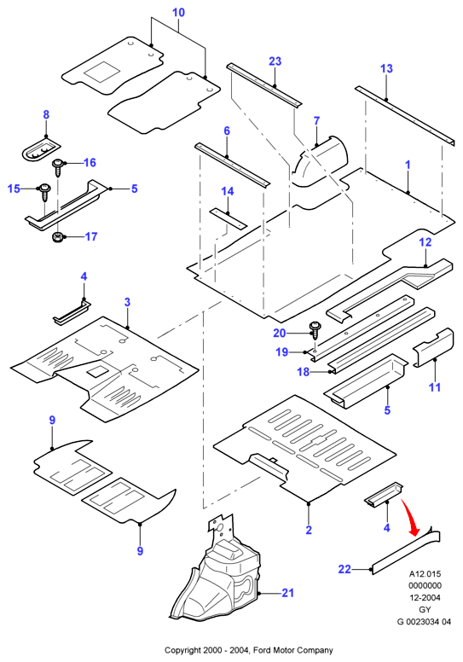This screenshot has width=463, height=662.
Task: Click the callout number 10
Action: point(178,12)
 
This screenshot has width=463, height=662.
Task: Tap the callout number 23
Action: point(275,61)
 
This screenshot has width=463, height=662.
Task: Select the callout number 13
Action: point(386,68)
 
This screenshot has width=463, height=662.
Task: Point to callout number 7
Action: point(316,121)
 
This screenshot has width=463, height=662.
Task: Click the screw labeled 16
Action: point(57,167)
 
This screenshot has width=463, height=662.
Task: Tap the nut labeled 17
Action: point(56,238)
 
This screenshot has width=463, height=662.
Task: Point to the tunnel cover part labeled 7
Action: point(320,163)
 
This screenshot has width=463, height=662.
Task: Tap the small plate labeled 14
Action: point(228,218)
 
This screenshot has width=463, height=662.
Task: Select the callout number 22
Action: point(344,569)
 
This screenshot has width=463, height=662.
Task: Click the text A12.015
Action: point(425,574)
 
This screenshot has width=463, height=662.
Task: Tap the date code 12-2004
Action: point(425,597)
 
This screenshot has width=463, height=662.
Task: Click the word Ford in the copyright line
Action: point(263,650)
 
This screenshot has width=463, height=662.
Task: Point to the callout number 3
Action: point(127,302)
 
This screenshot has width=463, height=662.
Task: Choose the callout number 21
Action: point(287,593)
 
